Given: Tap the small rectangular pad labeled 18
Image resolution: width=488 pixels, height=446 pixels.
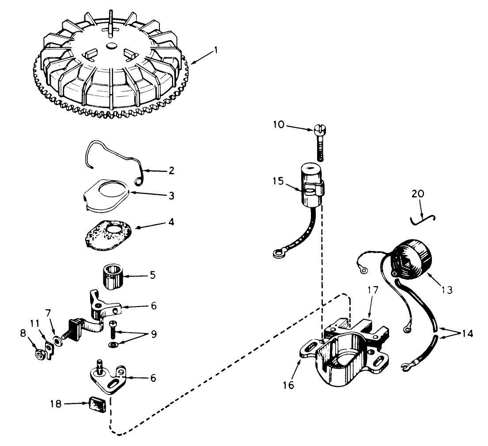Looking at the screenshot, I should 98,404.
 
